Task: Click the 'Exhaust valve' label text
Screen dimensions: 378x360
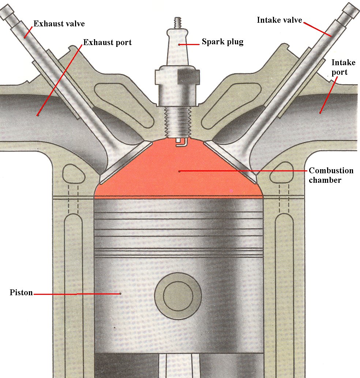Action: pos(59,24)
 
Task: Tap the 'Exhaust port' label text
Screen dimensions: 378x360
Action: pos(107,42)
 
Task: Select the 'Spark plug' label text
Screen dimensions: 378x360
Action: pos(222,42)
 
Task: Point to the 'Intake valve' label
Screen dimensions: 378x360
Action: pos(279,20)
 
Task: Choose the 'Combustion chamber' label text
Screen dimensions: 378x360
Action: pos(331,175)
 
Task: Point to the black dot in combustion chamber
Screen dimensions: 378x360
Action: pos(179,171)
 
